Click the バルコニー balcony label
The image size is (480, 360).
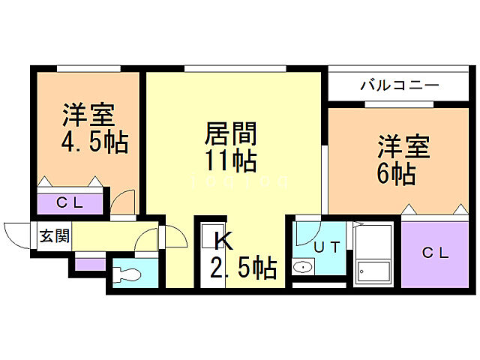tap(399, 85)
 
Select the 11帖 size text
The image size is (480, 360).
tap(232, 160)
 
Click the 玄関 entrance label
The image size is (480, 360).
tap(54, 236)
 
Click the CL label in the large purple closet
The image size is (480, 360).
tap(434, 253)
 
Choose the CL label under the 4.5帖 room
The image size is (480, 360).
tap(69, 202)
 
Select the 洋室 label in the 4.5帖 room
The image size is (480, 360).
tap(88, 116)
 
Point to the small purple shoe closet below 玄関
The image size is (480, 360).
tap(91, 263)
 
